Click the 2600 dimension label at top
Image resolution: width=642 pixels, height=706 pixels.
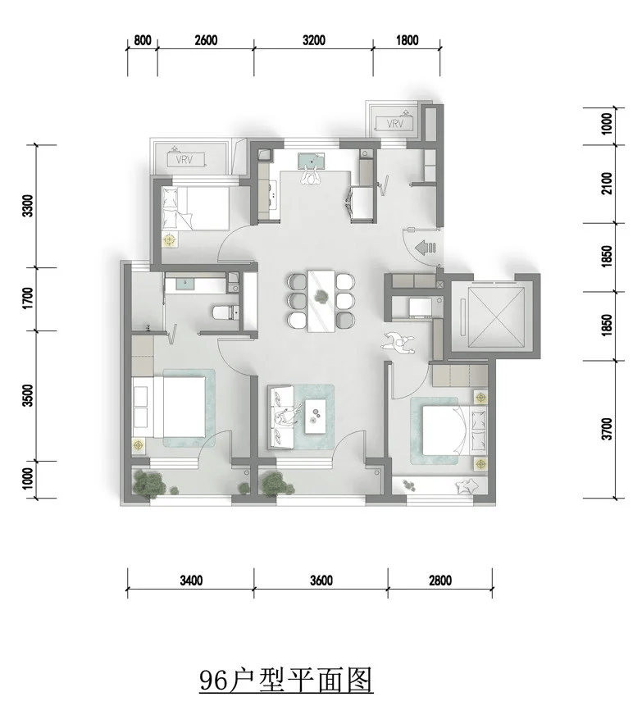click(206, 40)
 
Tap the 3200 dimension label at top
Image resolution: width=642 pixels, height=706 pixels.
click(314, 40)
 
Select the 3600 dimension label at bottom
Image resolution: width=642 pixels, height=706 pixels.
click(321, 581)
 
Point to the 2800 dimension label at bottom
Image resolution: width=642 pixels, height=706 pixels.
click(440, 581)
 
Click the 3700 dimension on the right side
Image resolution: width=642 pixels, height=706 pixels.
click(607, 429)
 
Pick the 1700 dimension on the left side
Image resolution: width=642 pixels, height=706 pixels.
click(28, 298)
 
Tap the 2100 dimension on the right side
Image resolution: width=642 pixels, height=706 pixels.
click(607, 183)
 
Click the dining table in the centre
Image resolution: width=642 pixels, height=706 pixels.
click(321, 301)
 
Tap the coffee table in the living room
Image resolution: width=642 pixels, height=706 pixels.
click(315, 416)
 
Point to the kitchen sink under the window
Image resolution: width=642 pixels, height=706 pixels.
click(311, 160)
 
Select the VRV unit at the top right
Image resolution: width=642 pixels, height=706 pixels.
click(396, 123)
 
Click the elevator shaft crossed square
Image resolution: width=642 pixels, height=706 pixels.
click(496, 317)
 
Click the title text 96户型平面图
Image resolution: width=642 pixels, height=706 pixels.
click(286, 680)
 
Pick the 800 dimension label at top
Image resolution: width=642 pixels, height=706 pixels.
click(143, 40)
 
